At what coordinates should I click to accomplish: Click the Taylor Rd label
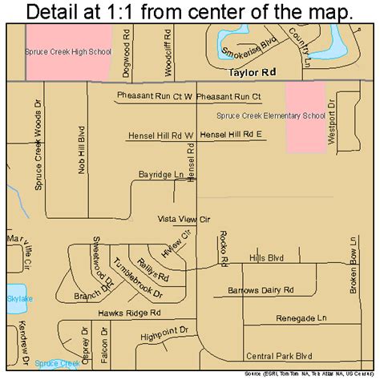point(252,71)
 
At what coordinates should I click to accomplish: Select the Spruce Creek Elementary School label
point(270,115)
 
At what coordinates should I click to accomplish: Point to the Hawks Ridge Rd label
point(131,313)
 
